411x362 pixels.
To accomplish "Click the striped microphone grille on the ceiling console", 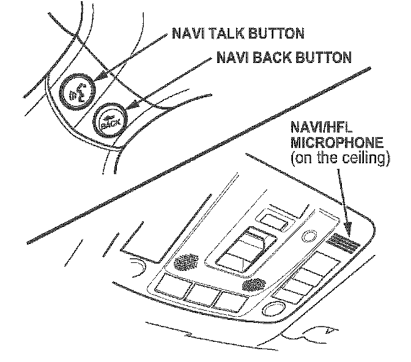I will tap(344, 245).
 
